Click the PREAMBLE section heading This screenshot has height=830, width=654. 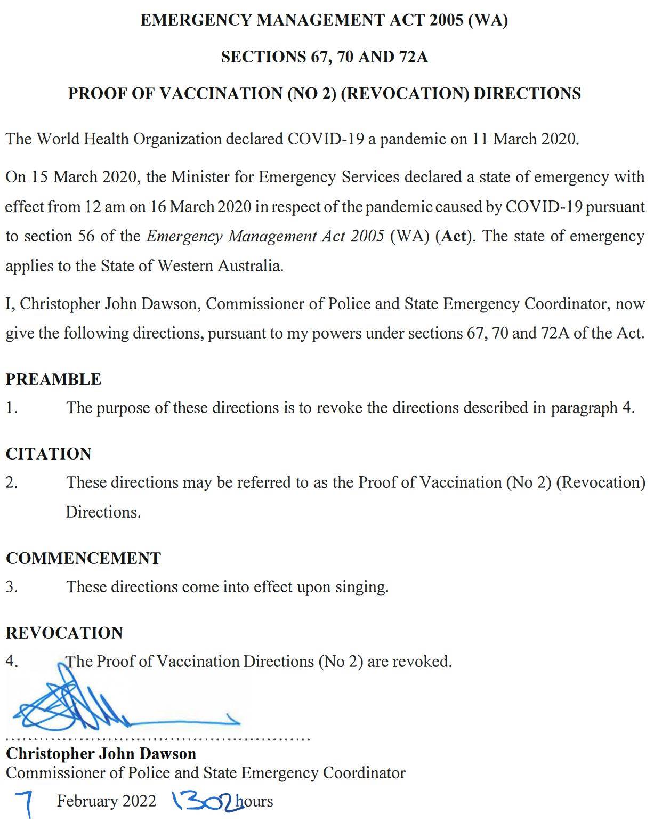pyautogui.click(x=53, y=379)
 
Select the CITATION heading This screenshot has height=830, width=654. pyautogui.click(x=49, y=454)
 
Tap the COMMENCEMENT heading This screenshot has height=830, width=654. pyautogui.click(x=83, y=558)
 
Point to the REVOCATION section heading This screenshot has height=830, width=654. pyautogui.click(x=64, y=633)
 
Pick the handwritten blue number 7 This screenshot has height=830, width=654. pyautogui.click(x=25, y=803)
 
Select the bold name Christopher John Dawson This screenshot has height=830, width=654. pyautogui.click(x=101, y=753)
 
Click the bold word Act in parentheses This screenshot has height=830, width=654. pyautogui.click(x=454, y=236)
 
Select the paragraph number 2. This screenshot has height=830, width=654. pyautogui.click(x=11, y=482)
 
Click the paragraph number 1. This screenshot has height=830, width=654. pyautogui.click(x=11, y=408)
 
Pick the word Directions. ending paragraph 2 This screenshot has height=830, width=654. pyautogui.click(x=103, y=512)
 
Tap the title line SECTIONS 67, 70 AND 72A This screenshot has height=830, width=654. pyautogui.click(x=325, y=57)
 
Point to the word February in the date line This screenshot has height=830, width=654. pyautogui.click(x=87, y=801)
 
